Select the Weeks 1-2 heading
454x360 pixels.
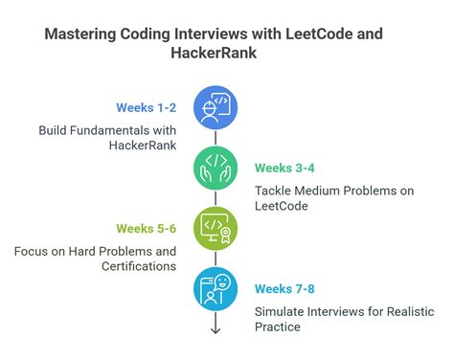click(146, 107)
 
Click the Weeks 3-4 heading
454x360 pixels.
click(284, 168)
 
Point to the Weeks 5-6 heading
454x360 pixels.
click(146, 229)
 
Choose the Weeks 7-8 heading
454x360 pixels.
click(284, 289)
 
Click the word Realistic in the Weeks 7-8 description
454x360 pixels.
click(394, 312)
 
